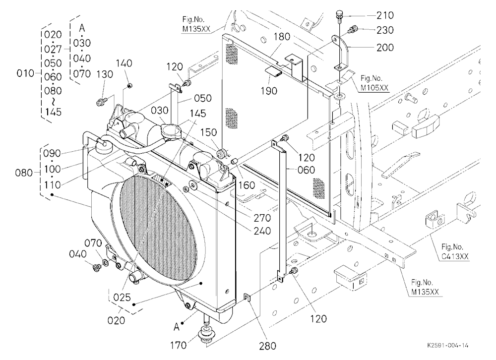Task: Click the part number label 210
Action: click(385, 15)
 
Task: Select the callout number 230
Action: click(385, 30)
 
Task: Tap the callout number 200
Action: click(385, 48)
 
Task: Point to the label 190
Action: click(269, 91)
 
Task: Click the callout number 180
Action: click(282, 37)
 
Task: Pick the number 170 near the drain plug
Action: click(178, 345)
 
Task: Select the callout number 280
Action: click(268, 346)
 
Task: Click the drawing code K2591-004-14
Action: click(447, 345)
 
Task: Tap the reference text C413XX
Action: click(454, 256)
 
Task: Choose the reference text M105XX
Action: click(374, 88)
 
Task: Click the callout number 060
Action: click(306, 170)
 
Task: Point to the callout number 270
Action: click(262, 218)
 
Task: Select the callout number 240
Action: click(262, 231)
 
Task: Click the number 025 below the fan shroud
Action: click(122, 297)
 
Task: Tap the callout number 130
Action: click(104, 74)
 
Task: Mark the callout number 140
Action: click(124, 63)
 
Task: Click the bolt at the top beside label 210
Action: click(339, 15)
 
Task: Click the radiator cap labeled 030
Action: click(171, 130)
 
